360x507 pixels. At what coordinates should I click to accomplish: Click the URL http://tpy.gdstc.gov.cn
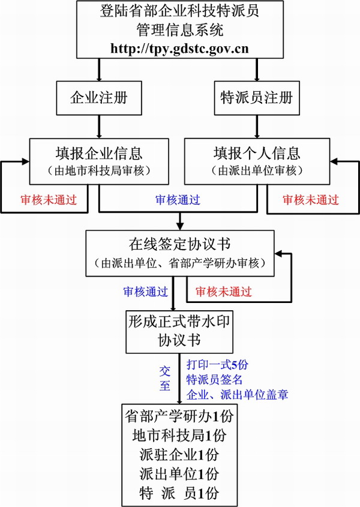pos(179,49)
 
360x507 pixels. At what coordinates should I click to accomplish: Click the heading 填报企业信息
pos(98,152)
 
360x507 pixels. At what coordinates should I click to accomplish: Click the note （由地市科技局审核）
pos(98,170)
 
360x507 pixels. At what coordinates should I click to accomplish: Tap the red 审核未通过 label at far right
pos(310,200)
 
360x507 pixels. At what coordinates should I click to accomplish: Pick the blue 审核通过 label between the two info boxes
pos(178,200)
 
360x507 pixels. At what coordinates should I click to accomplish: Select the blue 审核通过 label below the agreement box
pos(146,292)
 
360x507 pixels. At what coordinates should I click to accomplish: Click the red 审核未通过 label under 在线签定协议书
pos(224,292)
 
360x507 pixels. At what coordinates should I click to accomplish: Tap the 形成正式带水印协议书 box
pos(178,331)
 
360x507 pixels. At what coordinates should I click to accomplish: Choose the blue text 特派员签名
pos(214,379)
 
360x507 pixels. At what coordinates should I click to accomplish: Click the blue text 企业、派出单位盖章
pos(237,394)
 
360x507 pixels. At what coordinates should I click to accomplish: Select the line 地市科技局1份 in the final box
pos(180,434)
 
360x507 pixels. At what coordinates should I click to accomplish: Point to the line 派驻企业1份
pos(180,454)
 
